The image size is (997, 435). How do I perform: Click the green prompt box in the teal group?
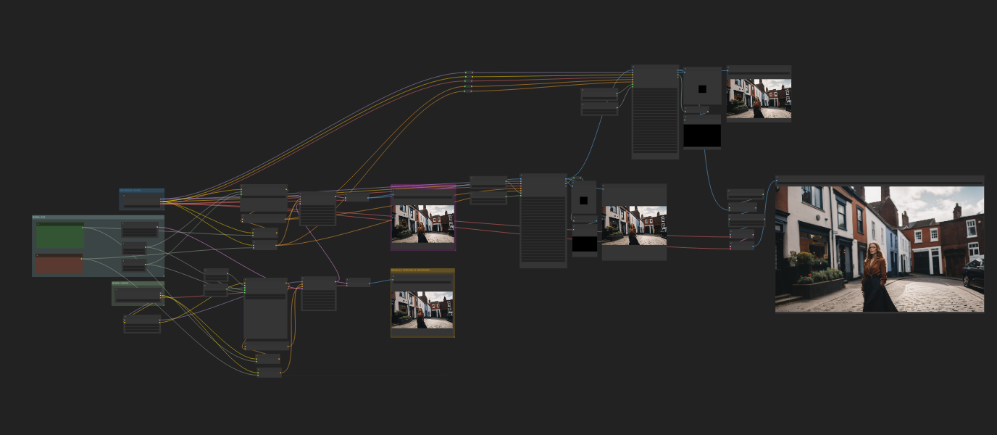pyautogui.click(x=60, y=236)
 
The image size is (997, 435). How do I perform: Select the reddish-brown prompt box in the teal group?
pyautogui.click(x=59, y=265)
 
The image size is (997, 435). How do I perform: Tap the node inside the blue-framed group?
pyautogui.click(x=142, y=201)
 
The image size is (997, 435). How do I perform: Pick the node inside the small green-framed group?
pyautogui.click(x=138, y=294)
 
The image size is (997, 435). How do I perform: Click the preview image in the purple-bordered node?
pyautogui.click(x=423, y=223)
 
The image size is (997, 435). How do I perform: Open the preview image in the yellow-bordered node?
pyautogui.click(x=422, y=310)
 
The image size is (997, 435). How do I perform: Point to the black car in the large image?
pyautogui.click(x=973, y=273)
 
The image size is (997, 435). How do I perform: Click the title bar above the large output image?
pyautogui.click(x=879, y=179)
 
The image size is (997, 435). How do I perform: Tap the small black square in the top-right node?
pyautogui.click(x=702, y=89)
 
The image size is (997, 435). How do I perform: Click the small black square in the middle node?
pyautogui.click(x=583, y=201)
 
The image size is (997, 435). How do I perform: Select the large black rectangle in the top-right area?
pyautogui.click(x=702, y=136)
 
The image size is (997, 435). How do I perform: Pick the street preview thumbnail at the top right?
pyautogui.click(x=759, y=99)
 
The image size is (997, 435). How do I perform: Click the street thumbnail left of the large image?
pyautogui.click(x=634, y=225)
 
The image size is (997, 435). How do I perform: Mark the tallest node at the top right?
pyautogui.click(x=655, y=112)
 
